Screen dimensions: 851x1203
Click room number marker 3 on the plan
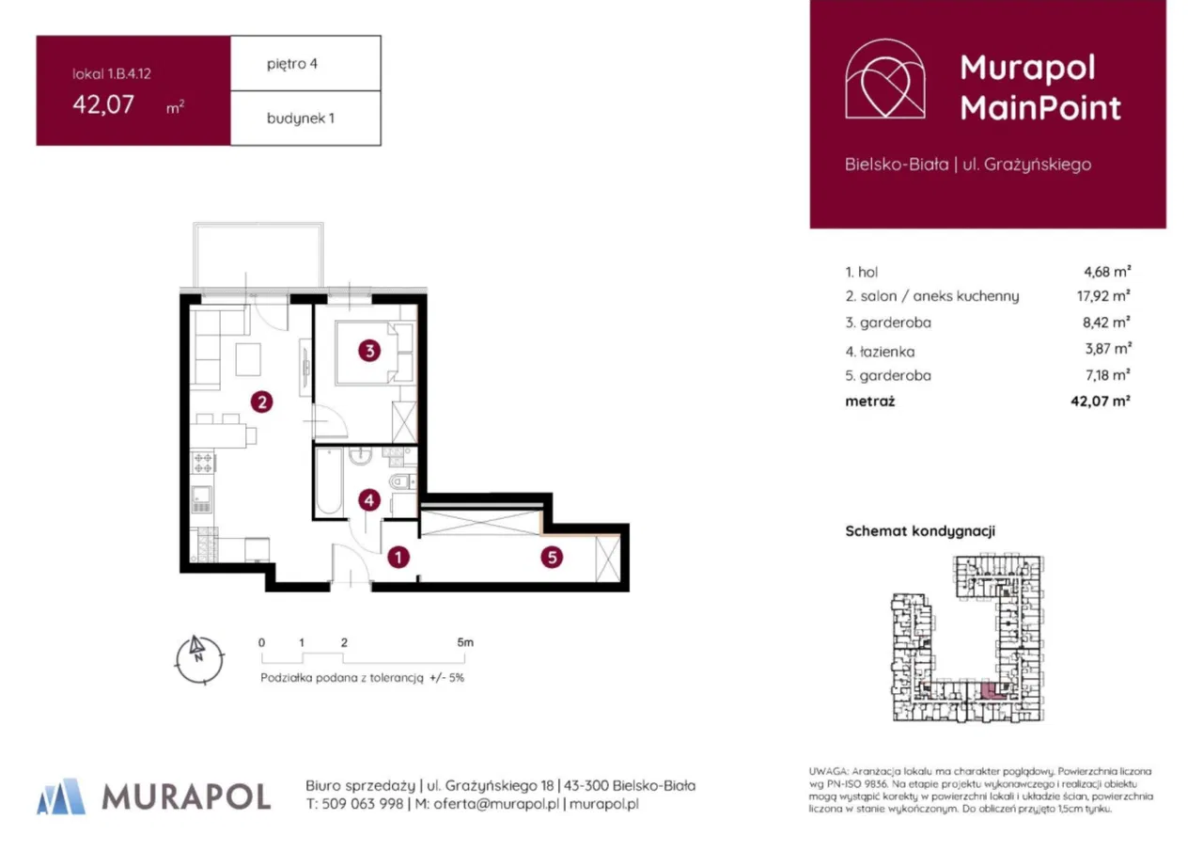(370, 352)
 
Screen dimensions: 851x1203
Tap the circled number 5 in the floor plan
(552, 558)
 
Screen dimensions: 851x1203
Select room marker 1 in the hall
(399, 558)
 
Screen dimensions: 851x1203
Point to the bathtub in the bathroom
(328, 482)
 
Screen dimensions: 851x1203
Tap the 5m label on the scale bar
(464, 642)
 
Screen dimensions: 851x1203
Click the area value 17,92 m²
(1107, 296)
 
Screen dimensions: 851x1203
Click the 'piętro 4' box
(305, 64)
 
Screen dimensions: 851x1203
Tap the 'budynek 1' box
(305, 118)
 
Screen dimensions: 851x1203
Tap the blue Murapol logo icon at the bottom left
(60, 796)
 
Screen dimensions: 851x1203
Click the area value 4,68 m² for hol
(1107, 272)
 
